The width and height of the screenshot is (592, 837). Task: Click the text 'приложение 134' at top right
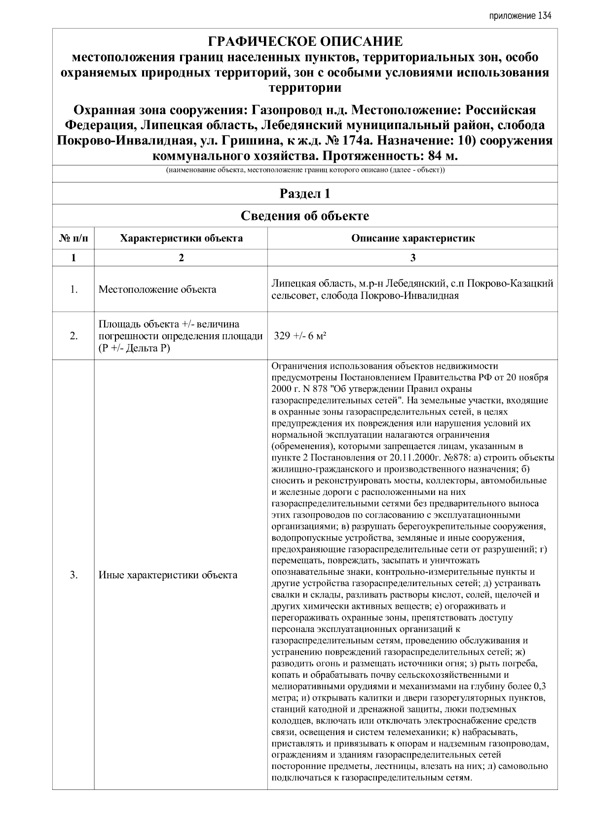click(520, 16)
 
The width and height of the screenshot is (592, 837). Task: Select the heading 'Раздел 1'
click(305, 194)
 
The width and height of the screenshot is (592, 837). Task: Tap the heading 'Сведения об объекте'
click(305, 216)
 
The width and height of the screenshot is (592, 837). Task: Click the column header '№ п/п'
click(74, 239)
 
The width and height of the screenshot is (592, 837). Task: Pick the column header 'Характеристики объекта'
click(181, 239)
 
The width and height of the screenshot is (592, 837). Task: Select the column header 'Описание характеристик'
click(413, 239)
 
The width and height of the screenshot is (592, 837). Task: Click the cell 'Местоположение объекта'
click(157, 289)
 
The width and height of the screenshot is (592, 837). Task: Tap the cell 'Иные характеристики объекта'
click(168, 575)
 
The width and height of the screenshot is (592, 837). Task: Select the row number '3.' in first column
click(74, 575)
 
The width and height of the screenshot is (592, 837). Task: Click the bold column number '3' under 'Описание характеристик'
click(413, 258)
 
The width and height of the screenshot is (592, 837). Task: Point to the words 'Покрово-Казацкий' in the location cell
click(510, 284)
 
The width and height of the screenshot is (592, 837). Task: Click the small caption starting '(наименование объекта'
click(305, 171)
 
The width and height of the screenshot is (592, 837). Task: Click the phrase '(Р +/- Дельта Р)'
click(134, 348)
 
